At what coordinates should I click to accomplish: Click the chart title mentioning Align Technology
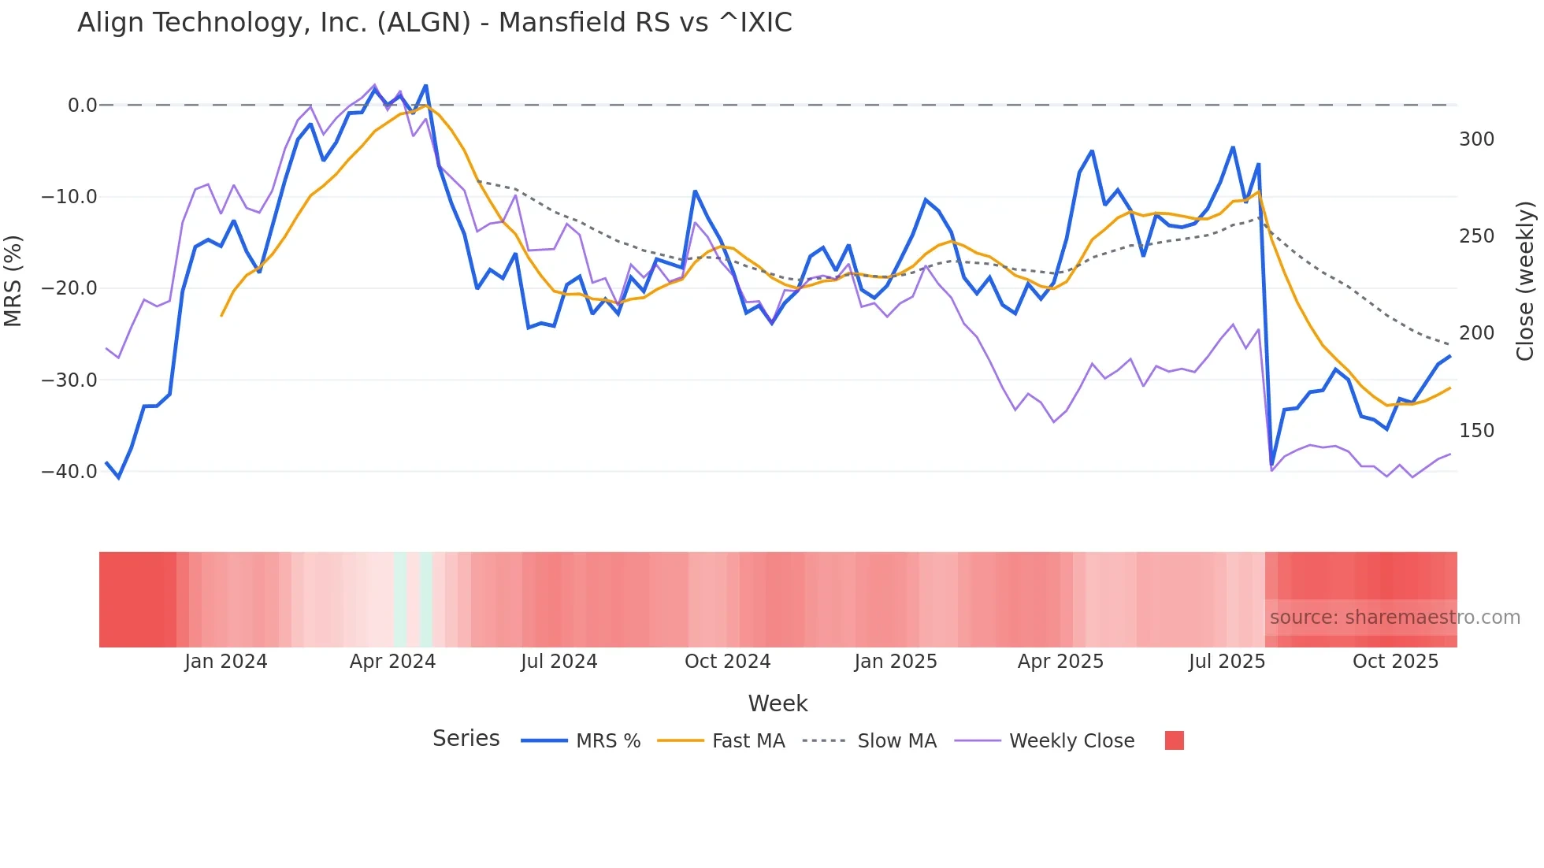click(434, 23)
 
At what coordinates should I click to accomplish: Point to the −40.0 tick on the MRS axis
click(69, 472)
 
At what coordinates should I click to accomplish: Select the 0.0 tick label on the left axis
click(82, 106)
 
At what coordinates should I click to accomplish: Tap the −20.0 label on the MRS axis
click(69, 288)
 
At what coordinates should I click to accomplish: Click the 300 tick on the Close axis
click(1476, 139)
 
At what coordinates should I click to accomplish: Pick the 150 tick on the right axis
click(1476, 431)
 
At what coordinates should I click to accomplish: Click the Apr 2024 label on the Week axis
click(392, 662)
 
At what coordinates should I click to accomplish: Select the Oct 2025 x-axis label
click(1395, 662)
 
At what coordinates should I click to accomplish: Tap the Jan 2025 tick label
click(896, 662)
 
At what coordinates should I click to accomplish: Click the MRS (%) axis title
click(13, 280)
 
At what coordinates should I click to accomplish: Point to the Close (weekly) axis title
click(1526, 280)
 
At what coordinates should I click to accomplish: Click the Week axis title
click(778, 703)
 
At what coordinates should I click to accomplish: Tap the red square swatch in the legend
click(1174, 740)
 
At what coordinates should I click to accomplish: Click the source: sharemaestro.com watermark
click(1394, 618)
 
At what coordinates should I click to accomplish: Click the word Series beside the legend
click(466, 739)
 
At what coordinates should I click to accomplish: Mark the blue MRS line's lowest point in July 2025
click(1271, 466)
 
